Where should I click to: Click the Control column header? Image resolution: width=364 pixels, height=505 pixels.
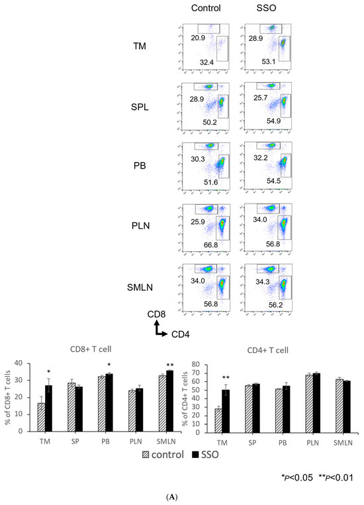tap(204, 9)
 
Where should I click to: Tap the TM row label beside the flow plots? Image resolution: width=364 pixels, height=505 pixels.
tap(140, 47)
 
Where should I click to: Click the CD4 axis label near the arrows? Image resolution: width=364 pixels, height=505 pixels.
tap(179, 334)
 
